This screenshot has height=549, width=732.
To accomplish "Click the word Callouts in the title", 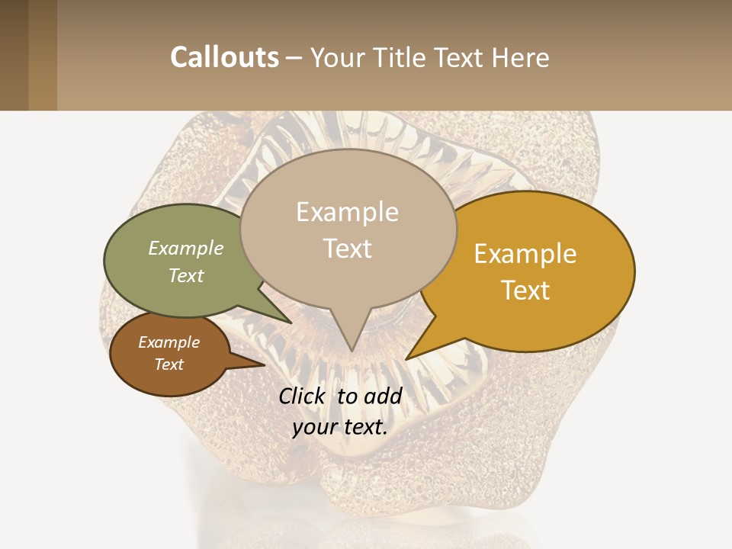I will click(x=224, y=57).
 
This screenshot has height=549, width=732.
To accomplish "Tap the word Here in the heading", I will click(x=518, y=58).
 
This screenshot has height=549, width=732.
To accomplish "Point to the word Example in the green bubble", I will click(x=186, y=248).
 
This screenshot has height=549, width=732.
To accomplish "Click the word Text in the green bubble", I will click(x=186, y=275).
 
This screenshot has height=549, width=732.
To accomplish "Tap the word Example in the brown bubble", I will click(x=169, y=342).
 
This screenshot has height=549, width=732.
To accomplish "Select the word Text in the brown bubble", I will click(x=169, y=364).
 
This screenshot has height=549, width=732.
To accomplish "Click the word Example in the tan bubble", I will click(x=348, y=211).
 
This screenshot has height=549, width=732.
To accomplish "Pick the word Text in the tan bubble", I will click(x=348, y=249).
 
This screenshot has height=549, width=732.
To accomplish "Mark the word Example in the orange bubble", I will click(x=525, y=253).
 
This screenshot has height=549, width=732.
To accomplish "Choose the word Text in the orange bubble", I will click(x=525, y=291).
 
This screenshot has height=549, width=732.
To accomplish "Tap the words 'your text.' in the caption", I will click(x=340, y=427).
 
